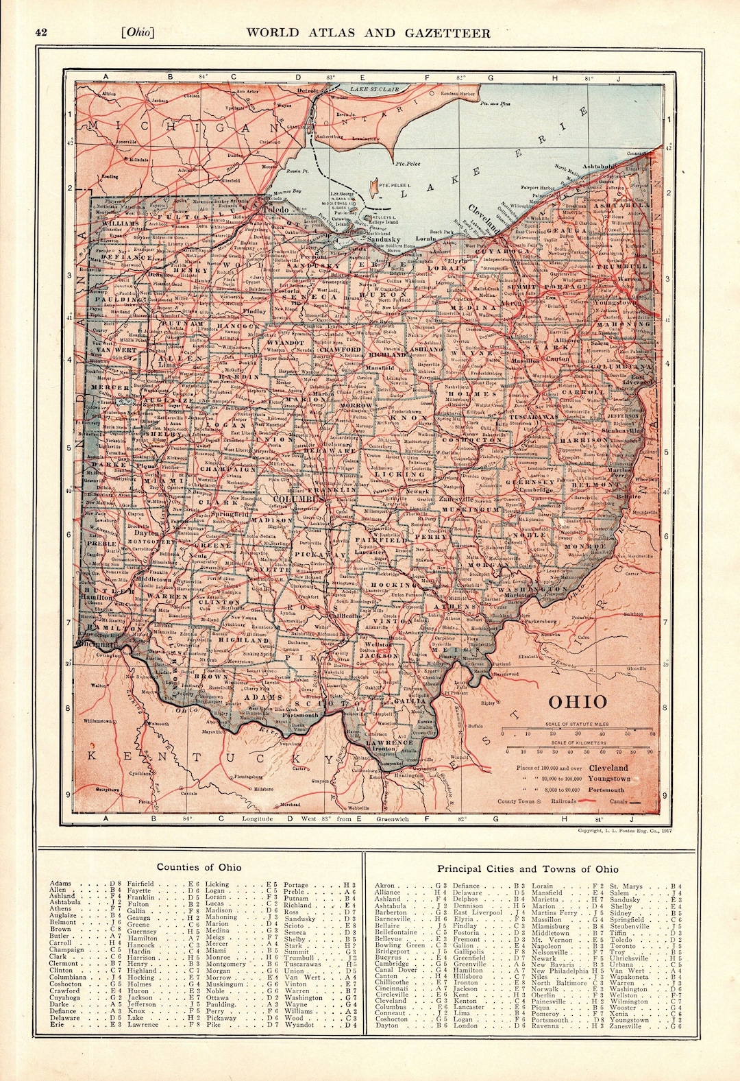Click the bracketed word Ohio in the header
point(136,32)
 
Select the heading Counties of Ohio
point(199,867)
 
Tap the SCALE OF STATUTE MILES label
point(580,725)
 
